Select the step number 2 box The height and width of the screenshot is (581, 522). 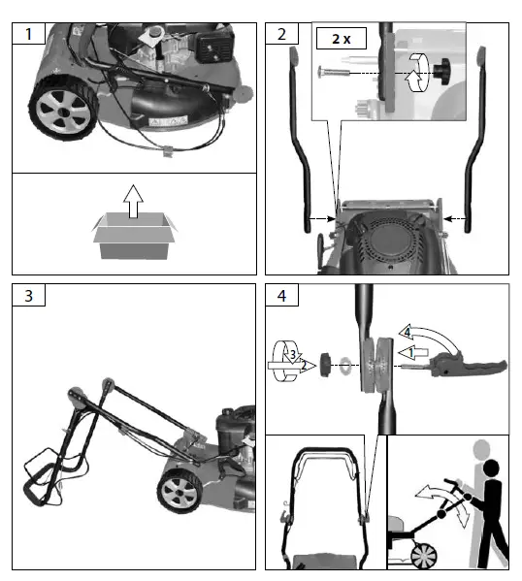281,35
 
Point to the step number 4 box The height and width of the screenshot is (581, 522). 281,297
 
